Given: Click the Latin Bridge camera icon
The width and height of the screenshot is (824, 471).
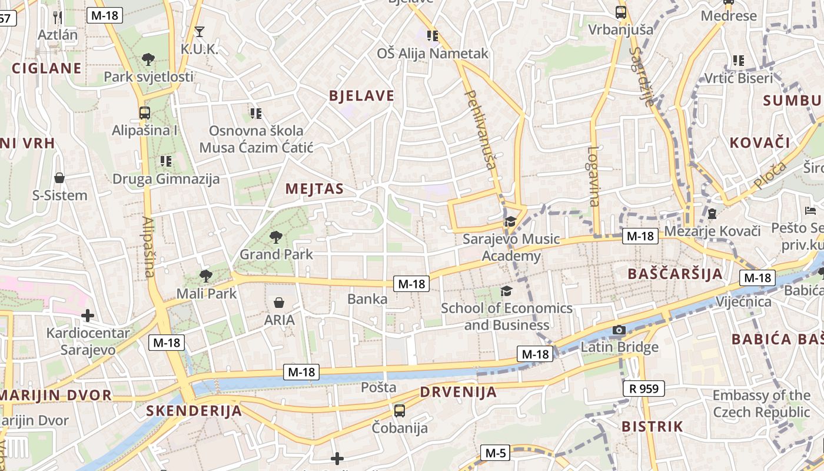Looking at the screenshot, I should click(x=619, y=330).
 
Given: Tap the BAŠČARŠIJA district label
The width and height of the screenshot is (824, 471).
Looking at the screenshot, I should click(x=675, y=274).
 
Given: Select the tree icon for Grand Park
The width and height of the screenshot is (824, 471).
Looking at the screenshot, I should click(x=275, y=237).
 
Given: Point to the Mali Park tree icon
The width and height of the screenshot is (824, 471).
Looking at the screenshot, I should click(x=205, y=276).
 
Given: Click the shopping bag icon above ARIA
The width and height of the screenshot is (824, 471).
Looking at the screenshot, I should click(x=279, y=303).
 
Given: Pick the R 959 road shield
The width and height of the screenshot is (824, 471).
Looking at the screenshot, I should click(x=643, y=389).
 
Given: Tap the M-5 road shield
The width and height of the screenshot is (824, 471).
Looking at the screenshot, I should click(x=495, y=453).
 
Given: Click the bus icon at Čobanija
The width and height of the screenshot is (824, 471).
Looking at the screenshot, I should click(x=400, y=410).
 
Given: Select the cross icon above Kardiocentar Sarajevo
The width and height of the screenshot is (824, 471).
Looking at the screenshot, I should click(x=88, y=316).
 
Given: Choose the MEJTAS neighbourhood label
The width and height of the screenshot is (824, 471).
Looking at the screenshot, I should click(x=314, y=189).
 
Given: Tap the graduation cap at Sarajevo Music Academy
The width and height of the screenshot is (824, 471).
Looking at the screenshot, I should click(x=510, y=222).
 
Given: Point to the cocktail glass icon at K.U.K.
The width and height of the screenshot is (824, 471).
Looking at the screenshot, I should click(x=200, y=32).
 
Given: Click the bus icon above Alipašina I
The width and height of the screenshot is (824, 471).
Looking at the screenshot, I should click(x=145, y=112).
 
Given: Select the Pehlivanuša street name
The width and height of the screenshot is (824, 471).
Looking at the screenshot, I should click(x=481, y=130).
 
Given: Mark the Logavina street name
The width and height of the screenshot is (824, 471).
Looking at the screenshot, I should click(x=594, y=176).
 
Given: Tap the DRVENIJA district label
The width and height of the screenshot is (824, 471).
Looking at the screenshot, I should click(x=458, y=392).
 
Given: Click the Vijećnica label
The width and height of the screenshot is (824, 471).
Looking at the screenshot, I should click(x=743, y=302).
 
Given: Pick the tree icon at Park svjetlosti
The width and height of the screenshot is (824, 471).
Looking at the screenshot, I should click(x=148, y=59).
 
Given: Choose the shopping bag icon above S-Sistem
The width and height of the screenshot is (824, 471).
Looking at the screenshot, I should click(x=59, y=178).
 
